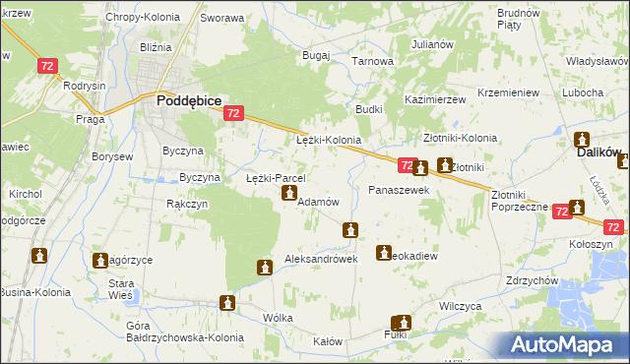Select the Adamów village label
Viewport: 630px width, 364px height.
click(x=318, y=201)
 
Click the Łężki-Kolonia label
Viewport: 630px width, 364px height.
click(x=329, y=141)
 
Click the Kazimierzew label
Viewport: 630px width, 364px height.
click(x=434, y=100)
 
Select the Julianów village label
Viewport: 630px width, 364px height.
click(x=431, y=44)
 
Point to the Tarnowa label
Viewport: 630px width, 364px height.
click(x=373, y=61)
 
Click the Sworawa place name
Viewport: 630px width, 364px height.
click(x=221, y=18)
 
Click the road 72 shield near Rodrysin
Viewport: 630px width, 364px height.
click(x=47, y=65)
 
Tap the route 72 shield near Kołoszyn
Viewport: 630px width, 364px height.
click(x=613, y=227)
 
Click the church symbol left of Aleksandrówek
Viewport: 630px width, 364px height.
click(x=264, y=267)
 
